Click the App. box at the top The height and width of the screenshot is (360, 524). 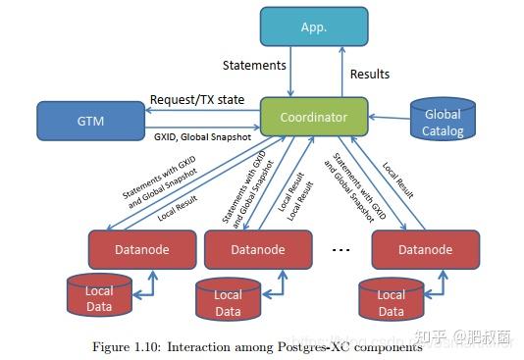(314, 26)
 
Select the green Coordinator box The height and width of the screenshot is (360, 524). (314, 117)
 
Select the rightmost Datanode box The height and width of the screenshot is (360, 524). (424, 249)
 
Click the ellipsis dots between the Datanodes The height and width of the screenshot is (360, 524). (341, 250)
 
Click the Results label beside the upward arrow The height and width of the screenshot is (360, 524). (370, 75)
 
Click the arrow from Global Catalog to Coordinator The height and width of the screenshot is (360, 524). (391, 117)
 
